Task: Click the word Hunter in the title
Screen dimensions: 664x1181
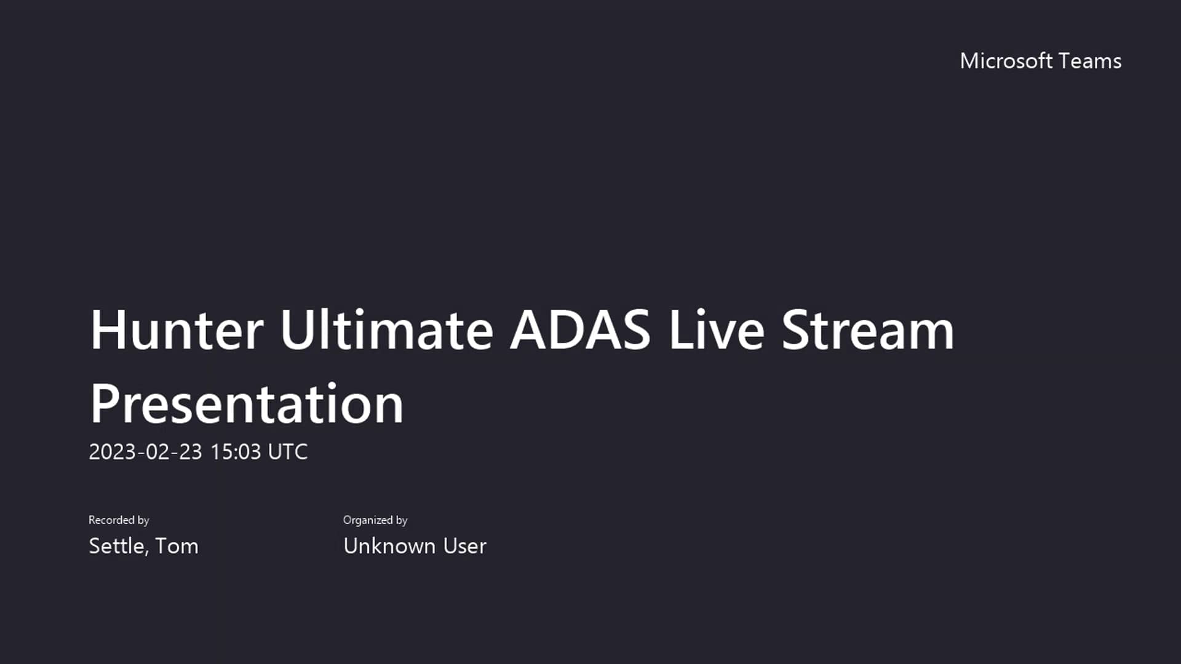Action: [x=177, y=330]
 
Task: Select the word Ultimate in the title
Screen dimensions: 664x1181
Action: [x=386, y=330]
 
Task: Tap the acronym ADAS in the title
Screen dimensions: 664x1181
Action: [x=580, y=330]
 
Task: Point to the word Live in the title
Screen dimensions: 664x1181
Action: [x=717, y=330]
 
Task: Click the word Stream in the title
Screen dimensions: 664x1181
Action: [x=868, y=330]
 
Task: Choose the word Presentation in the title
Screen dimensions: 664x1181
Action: [x=247, y=404]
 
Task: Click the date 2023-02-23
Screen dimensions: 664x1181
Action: [x=145, y=452]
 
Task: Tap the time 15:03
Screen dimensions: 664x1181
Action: [x=236, y=452]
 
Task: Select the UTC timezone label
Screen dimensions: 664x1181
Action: [x=288, y=452]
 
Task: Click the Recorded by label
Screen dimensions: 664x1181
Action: [x=119, y=520]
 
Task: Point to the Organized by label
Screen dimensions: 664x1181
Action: [x=375, y=520]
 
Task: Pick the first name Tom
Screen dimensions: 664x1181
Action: [x=177, y=546]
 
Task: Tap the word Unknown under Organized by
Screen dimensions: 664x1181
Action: [x=389, y=546]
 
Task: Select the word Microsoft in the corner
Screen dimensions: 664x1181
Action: [x=1006, y=61]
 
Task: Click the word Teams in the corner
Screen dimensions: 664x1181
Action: [x=1090, y=61]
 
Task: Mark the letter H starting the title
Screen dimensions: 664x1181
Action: [x=108, y=330]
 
